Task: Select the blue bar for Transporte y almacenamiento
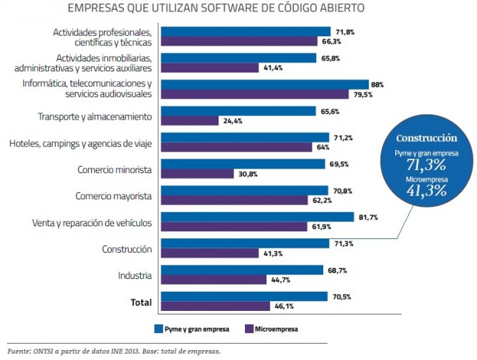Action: point(238,111)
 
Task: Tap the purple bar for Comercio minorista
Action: point(197,174)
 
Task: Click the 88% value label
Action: point(377,85)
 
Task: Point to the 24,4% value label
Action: point(233,121)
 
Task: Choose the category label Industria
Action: point(135,275)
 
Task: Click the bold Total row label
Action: point(141,302)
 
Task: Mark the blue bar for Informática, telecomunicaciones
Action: point(264,85)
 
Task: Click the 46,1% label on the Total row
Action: point(285,307)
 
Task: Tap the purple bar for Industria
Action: point(214,280)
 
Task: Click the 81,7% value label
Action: point(365,217)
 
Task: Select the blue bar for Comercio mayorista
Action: point(244,191)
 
